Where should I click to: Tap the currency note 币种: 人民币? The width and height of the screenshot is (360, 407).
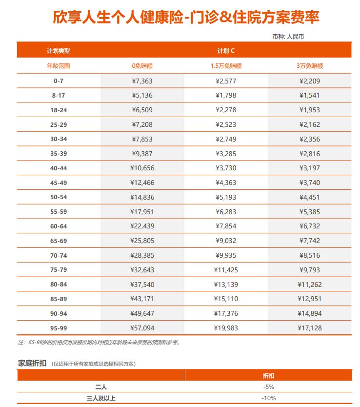288,37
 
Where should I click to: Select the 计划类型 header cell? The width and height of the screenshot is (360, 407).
59,51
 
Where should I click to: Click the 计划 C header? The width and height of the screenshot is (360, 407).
226,51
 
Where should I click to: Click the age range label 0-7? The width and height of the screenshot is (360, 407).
59,81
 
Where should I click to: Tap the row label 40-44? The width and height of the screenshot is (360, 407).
59,168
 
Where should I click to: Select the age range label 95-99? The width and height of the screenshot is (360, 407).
59,328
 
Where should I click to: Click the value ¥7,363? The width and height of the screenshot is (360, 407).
142,81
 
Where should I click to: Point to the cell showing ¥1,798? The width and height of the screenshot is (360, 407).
226,96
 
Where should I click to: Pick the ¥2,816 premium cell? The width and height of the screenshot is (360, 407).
310,154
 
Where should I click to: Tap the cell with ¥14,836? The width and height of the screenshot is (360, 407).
142,197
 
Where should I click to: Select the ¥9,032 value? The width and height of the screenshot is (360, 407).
226,241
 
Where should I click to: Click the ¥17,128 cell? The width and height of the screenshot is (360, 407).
310,328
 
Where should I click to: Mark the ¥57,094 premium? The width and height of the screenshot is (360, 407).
142,328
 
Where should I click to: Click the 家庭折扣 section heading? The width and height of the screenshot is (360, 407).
32,363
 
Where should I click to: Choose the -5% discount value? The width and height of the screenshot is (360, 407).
268,387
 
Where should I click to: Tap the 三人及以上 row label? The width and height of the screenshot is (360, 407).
101,398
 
